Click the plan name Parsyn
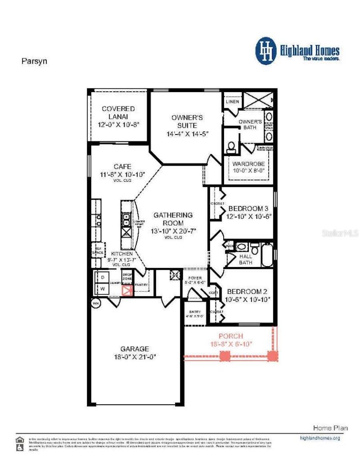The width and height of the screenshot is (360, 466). tap(34, 62)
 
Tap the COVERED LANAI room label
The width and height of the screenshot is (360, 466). tap(118, 112)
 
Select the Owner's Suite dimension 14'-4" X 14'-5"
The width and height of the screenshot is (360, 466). tap(188, 134)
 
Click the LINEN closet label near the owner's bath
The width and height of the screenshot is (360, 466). tap(232, 101)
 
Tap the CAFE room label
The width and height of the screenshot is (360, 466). tap(122, 167)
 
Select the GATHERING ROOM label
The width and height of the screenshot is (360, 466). tap(173, 219)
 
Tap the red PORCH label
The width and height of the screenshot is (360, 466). tap(231, 336)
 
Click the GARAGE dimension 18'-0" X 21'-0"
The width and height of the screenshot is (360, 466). tap(135, 357)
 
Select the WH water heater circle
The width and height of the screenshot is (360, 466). tap(96, 303)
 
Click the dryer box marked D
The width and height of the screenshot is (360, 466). tap(102, 277)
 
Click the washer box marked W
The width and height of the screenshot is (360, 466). tap(102, 288)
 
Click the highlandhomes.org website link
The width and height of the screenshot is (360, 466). tap(320, 438)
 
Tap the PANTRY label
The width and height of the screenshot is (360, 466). tap(142, 285)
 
